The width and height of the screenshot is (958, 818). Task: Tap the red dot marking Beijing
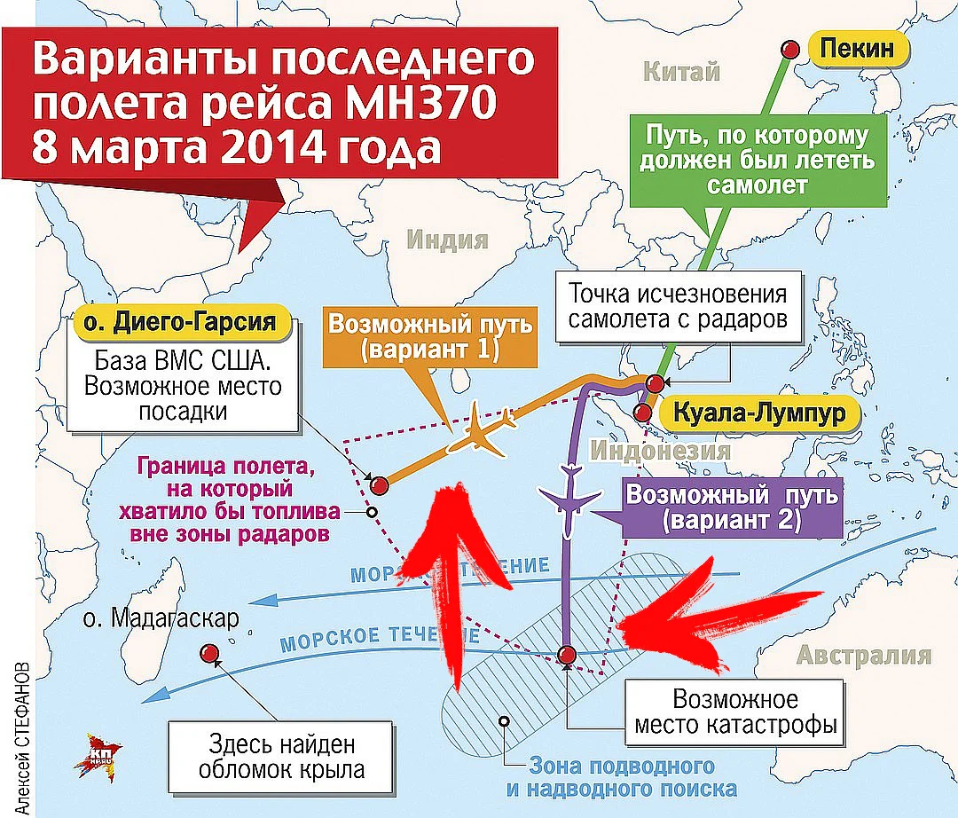click(788, 49)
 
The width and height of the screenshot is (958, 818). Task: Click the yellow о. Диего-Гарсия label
click(185, 321)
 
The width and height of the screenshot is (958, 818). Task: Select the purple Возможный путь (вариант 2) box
click(731, 507)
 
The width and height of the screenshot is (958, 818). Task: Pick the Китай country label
click(681, 72)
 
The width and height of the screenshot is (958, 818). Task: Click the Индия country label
click(448, 240)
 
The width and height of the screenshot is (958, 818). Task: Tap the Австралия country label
click(864, 657)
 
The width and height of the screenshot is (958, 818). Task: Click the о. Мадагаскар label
click(158, 617)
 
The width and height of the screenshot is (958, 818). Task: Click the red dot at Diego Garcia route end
click(379, 484)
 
